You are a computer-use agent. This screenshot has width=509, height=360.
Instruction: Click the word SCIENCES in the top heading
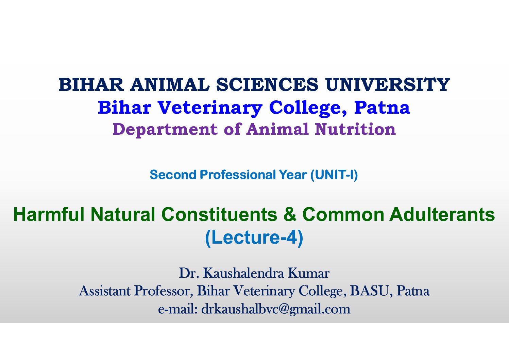[267, 84]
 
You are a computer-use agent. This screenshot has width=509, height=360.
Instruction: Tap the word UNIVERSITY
[387, 84]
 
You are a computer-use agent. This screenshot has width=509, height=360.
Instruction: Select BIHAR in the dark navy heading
[91, 84]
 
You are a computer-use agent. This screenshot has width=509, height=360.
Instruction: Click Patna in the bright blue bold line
[382, 107]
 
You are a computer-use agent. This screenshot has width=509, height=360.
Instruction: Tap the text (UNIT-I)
[334, 175]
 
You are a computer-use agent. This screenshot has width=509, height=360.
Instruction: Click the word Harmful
[49, 214]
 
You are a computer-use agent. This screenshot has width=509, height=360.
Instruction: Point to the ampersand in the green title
[290, 214]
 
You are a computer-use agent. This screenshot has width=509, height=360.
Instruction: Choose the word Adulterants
[442, 214]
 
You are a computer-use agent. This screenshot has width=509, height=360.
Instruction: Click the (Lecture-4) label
[254, 238]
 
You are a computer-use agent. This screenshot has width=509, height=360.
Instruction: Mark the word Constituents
[219, 214]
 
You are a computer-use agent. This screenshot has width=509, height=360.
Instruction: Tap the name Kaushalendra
[243, 273]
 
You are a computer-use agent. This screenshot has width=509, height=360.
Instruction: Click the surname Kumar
[309, 273]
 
